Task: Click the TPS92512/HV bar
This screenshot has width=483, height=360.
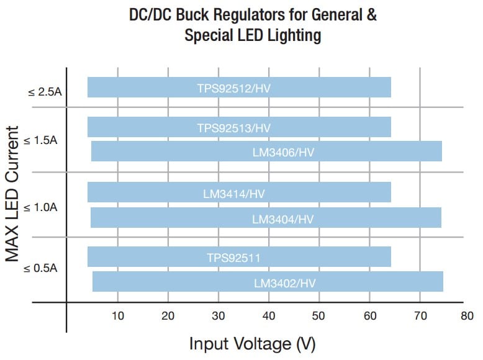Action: pyautogui.click(x=239, y=88)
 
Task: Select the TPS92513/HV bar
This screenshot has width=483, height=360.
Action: pyautogui.click(x=239, y=127)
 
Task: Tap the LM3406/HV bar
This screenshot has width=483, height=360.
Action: pyautogui.click(x=266, y=151)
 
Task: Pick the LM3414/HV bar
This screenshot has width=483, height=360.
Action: pyautogui.click(x=239, y=192)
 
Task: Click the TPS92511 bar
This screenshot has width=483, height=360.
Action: pyautogui.click(x=239, y=257)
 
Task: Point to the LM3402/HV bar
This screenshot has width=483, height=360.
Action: pyautogui.click(x=268, y=282)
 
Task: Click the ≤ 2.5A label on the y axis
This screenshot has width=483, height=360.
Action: pyautogui.click(x=45, y=92)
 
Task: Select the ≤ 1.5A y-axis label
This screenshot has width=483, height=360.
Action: pyautogui.click(x=41, y=140)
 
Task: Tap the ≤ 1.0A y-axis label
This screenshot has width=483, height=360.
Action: pyautogui.click(x=41, y=206)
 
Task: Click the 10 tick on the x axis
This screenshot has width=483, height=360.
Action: pyautogui.click(x=117, y=315)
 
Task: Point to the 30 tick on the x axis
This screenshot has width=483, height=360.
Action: pyautogui.click(x=219, y=315)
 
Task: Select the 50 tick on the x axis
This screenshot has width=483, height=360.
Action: pyautogui.click(x=319, y=315)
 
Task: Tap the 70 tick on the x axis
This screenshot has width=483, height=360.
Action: pyautogui.click(x=420, y=315)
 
